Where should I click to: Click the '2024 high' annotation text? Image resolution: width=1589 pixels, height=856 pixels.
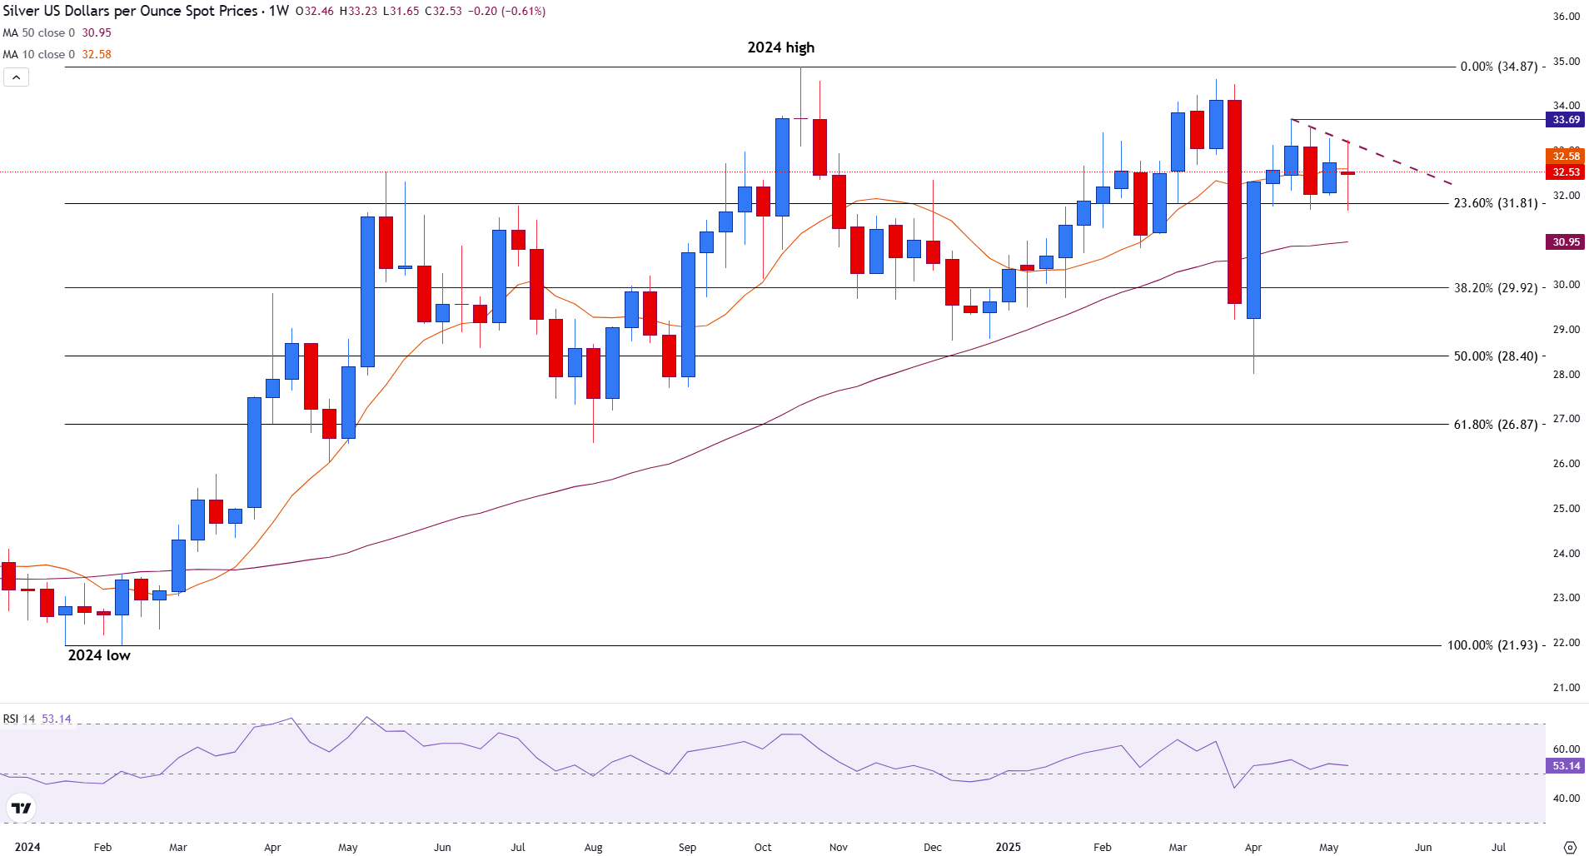[780, 47]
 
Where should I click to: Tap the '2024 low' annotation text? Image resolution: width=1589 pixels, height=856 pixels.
[99, 655]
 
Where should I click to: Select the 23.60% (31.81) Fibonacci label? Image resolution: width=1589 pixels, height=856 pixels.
[1495, 203]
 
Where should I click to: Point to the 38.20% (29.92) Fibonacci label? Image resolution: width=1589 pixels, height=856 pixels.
[1495, 288]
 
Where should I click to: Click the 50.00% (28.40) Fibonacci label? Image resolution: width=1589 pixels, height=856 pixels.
[1495, 356]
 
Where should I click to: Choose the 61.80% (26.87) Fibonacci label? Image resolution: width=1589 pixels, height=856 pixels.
[1495, 425]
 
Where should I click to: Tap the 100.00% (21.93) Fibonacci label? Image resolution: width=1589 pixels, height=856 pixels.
[1492, 645]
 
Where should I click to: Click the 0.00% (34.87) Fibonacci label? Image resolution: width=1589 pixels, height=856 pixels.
[1498, 67]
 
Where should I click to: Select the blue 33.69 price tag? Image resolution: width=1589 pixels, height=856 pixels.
[1566, 120]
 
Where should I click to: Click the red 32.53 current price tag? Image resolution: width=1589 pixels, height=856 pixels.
[1566, 172]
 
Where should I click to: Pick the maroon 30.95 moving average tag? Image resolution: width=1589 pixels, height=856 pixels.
[1566, 242]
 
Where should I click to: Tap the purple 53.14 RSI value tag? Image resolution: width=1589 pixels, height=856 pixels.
[1566, 766]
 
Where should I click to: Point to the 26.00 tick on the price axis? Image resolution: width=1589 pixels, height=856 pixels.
[1566, 464]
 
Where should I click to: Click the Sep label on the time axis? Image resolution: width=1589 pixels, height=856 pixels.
[687, 848]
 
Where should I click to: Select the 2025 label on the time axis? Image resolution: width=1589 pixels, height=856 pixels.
[1008, 848]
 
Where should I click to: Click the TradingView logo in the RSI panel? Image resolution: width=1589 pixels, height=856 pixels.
[21, 808]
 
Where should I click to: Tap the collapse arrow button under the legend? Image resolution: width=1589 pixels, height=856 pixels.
[17, 77]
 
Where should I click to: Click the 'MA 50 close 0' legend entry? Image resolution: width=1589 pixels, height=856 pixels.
[38, 33]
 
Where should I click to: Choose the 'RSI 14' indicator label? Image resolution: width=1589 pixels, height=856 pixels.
[19, 719]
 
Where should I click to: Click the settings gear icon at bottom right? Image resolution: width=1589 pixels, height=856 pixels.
[1570, 848]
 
